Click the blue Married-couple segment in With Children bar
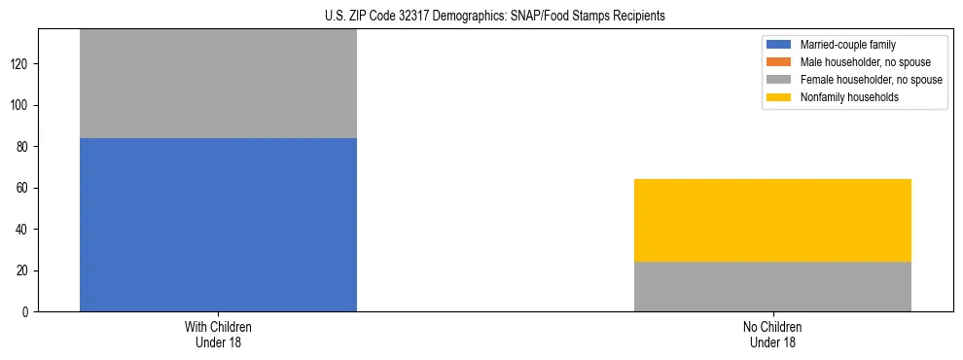click(x=218, y=225)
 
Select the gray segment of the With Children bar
click(x=218, y=84)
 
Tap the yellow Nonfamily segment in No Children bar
click(x=772, y=220)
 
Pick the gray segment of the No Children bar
click(x=772, y=286)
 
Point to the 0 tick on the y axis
click(x=27, y=311)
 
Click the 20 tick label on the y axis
click(x=24, y=270)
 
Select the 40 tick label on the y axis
click(x=24, y=230)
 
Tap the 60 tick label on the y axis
click(x=24, y=188)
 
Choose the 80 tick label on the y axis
click(x=24, y=147)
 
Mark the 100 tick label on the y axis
click(x=21, y=105)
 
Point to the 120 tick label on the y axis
click(x=21, y=64)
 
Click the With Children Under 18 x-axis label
click(x=218, y=334)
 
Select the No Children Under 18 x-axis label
click(x=772, y=334)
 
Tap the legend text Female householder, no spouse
click(x=871, y=80)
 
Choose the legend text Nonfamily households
click(x=844, y=97)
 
